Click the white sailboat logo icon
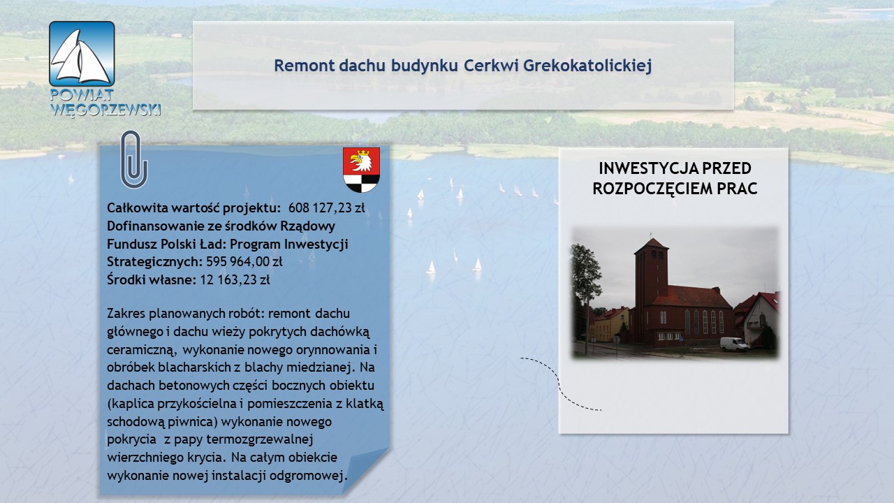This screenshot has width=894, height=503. (82, 54)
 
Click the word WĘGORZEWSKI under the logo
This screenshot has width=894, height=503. (105, 109)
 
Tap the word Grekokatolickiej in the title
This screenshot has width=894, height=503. (587, 66)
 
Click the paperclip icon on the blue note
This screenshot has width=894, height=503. (134, 159)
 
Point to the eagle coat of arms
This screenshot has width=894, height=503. (361, 170)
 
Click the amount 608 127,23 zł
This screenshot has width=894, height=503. (326, 207)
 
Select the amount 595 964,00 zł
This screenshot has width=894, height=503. (244, 261)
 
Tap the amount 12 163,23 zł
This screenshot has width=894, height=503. (235, 279)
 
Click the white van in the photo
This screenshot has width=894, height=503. (735, 344)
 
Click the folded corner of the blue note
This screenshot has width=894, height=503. (365, 471)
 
